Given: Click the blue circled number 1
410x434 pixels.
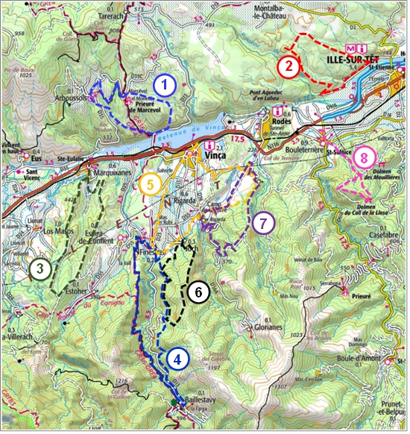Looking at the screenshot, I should (x=164, y=86).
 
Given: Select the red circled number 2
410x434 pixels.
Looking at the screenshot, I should (x=288, y=66).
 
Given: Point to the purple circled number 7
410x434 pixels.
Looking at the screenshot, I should (x=262, y=222).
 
